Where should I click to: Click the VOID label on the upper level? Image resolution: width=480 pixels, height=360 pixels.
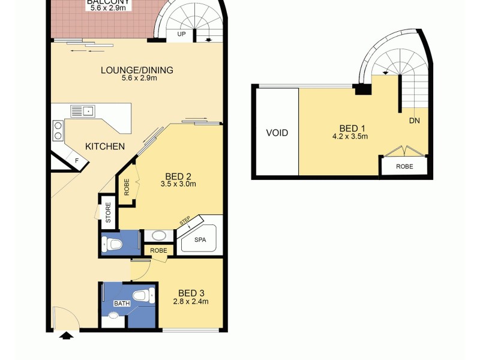(x=277, y=133)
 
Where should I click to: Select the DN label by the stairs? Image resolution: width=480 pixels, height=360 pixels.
(x=414, y=121)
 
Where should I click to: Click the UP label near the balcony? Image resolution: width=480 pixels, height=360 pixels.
(x=181, y=35)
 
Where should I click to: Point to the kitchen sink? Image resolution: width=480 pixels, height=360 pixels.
(x=83, y=110)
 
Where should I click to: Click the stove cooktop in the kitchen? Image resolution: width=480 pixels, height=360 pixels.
(x=58, y=130)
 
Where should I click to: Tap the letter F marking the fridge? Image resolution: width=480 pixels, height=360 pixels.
(x=77, y=161)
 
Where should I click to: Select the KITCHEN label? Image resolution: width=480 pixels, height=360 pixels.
(x=104, y=146)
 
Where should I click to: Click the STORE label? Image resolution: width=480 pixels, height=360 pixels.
(x=109, y=212)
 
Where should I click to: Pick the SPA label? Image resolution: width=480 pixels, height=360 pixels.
(x=200, y=239)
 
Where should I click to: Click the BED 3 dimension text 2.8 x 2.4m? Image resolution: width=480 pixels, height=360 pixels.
(x=190, y=302)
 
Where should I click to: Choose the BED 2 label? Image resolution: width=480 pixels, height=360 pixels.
(x=178, y=176)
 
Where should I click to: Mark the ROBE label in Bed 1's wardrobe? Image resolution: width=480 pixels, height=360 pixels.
(x=404, y=166)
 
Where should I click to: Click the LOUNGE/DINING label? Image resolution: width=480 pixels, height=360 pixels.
(x=137, y=70)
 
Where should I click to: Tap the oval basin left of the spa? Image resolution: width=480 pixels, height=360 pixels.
(x=158, y=236)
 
